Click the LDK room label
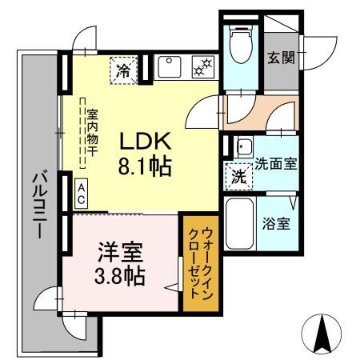point(146,142)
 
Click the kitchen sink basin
point(169,66)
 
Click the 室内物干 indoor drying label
point(94,132)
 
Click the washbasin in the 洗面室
point(243,146)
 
